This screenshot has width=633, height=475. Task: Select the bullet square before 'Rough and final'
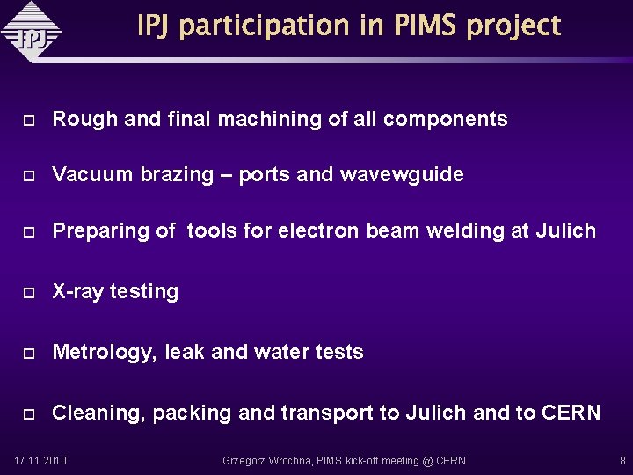pos(28,120)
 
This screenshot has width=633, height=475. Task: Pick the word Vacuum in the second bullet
pos(89,174)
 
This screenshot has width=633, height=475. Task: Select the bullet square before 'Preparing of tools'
pos(28,231)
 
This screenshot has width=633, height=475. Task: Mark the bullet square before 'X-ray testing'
pos(28,292)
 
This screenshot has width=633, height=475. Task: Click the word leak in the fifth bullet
pos(186,352)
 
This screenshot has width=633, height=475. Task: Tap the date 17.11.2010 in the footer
pos(40,460)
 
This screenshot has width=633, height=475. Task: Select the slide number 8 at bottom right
pos(622,460)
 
